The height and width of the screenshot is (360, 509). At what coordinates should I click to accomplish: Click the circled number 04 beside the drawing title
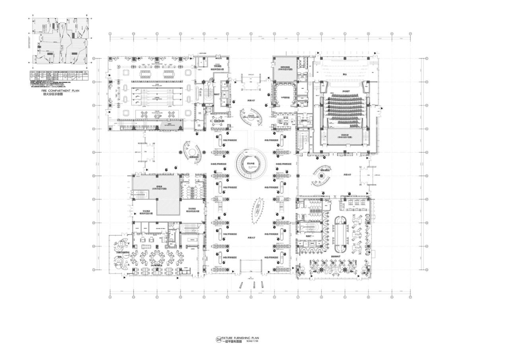tap(218, 340)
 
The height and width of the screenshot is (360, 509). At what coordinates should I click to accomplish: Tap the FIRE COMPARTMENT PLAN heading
tap(59, 91)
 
